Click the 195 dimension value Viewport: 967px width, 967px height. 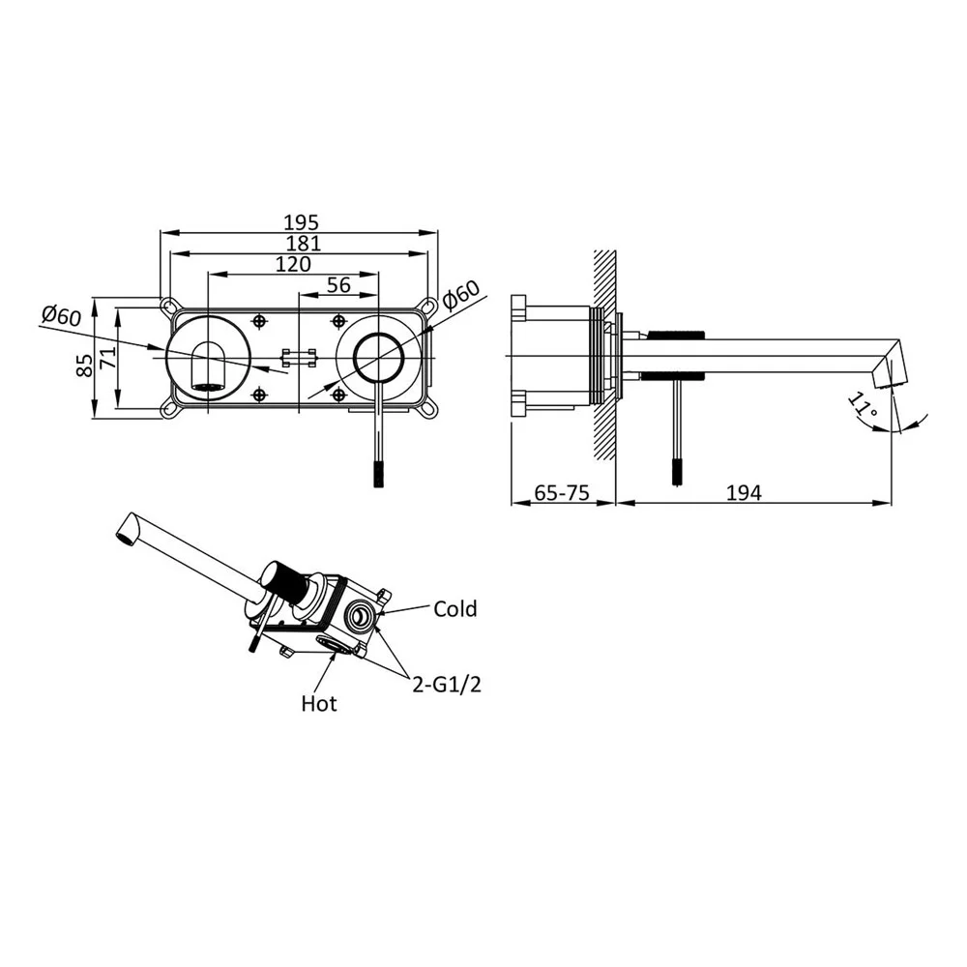tap(301, 222)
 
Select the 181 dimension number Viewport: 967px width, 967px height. tap(304, 244)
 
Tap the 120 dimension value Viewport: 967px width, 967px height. tap(292, 264)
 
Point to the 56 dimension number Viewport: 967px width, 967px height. tap(338, 285)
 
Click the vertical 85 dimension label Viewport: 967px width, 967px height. tap(84, 365)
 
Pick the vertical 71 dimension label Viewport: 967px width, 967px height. tap(108, 357)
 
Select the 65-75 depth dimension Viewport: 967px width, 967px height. tap(561, 493)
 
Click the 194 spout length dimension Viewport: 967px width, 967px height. tap(743, 493)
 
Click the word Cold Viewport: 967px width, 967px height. tap(455, 608)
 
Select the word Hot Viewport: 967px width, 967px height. tap(319, 703)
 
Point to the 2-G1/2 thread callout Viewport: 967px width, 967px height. tap(446, 684)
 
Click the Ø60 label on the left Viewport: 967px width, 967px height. tap(61, 316)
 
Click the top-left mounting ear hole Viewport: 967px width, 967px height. tap(167, 306)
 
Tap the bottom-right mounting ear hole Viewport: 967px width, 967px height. tap(426, 409)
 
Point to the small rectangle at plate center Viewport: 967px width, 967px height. tap(299, 357)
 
